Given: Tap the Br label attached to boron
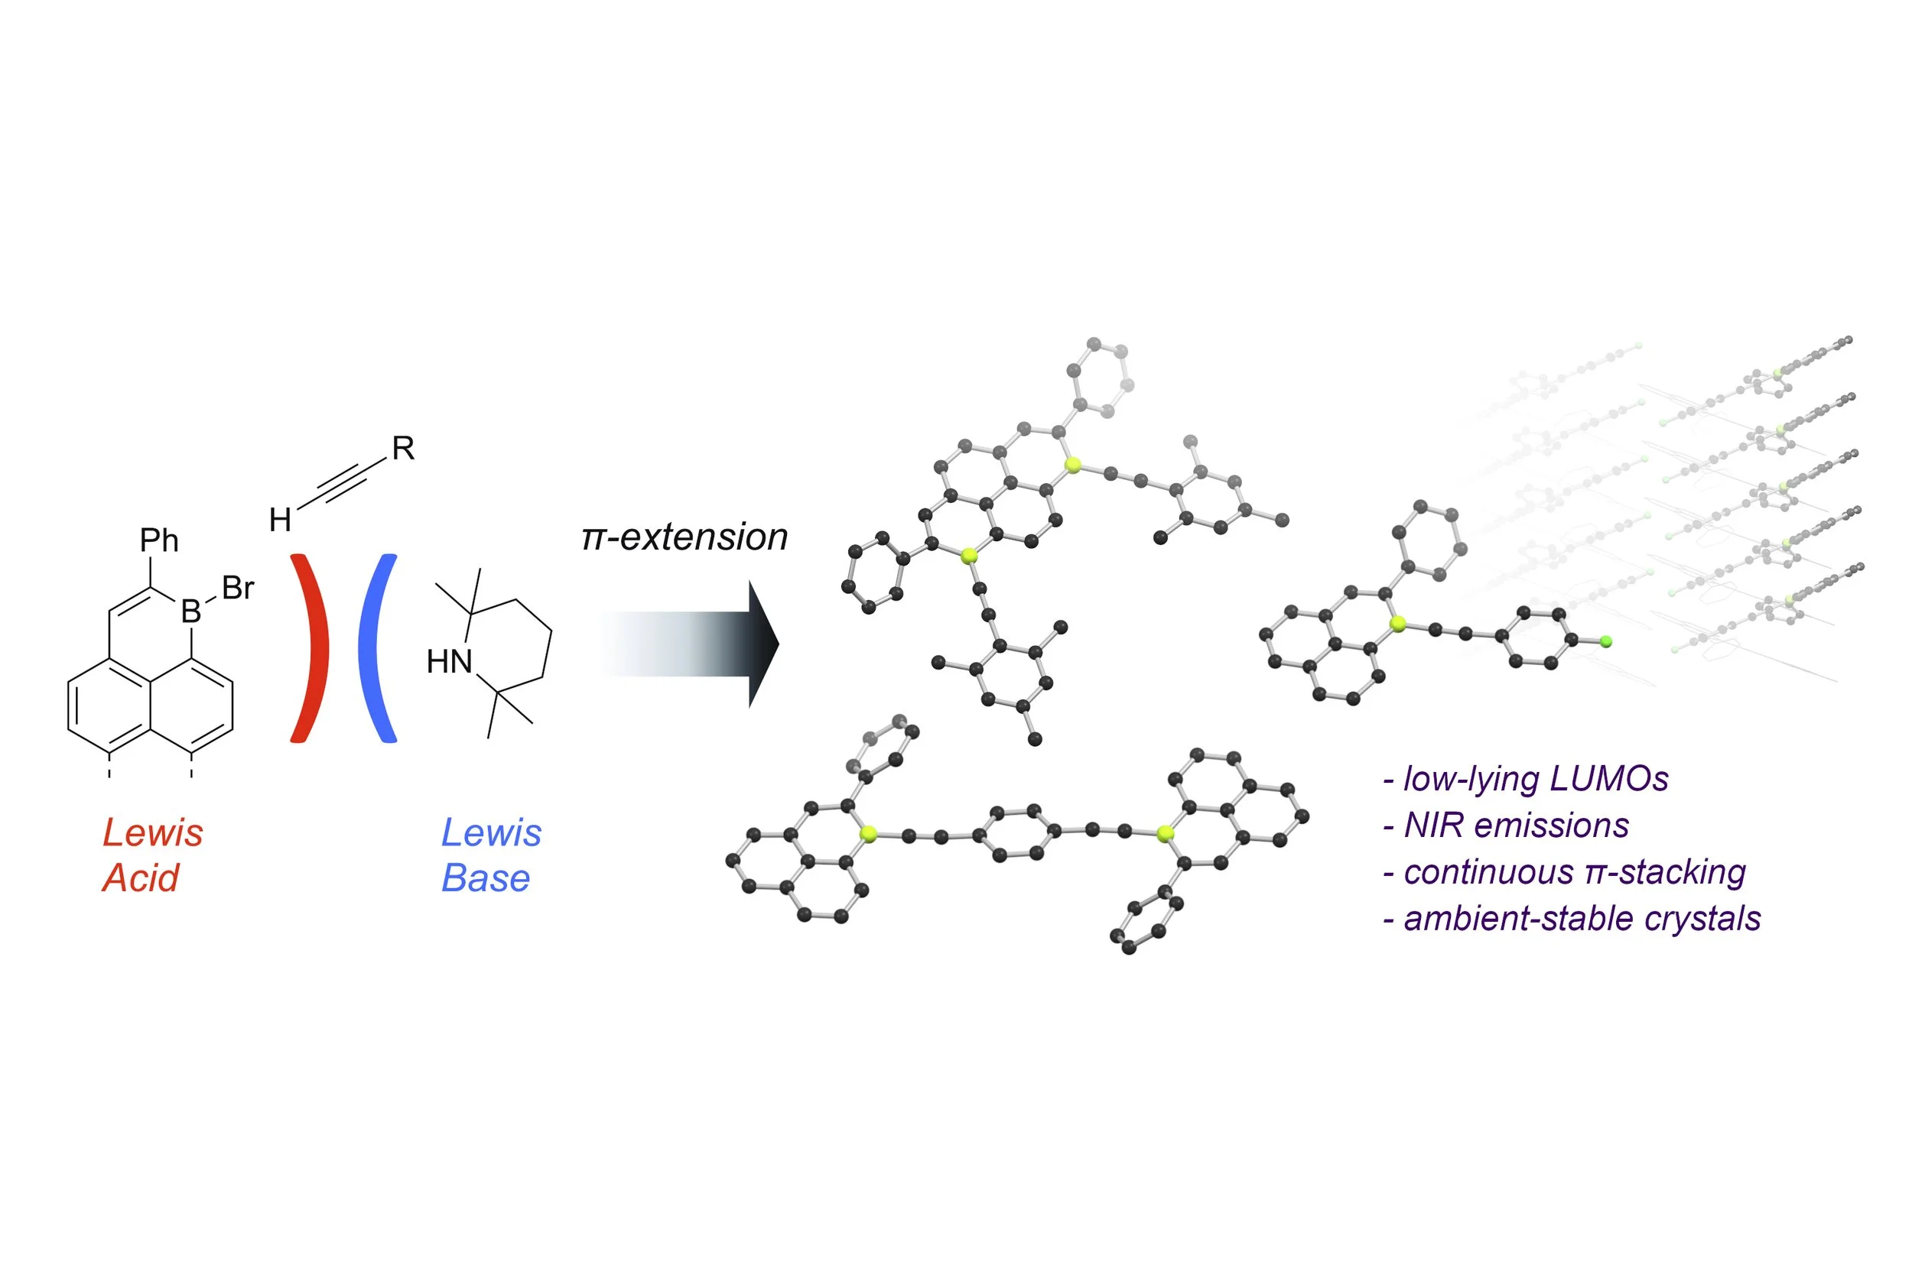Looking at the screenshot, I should (238, 588).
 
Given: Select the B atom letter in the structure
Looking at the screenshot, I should (190, 612).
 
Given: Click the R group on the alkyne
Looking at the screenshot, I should (404, 448).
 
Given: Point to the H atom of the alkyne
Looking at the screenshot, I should (280, 520).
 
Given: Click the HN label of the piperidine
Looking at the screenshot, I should (449, 662).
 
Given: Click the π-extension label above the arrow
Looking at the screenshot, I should (684, 537).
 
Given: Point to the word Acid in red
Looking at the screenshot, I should (140, 878).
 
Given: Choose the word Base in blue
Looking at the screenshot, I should (486, 878).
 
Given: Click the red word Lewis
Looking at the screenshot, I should (153, 832).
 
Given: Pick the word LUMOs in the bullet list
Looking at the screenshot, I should (1608, 779).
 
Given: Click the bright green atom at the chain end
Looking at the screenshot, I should (1606, 642).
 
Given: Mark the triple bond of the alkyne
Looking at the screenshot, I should (342, 483).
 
